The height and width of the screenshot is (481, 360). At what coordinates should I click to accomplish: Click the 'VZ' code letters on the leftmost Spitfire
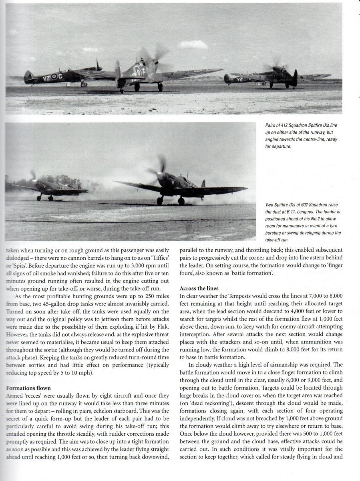pos(47,77)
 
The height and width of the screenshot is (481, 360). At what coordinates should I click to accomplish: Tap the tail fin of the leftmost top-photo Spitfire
pos(28,76)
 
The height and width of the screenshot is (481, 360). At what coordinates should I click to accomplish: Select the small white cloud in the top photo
pos(193,44)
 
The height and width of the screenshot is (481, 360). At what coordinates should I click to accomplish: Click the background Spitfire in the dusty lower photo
pos(52,188)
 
